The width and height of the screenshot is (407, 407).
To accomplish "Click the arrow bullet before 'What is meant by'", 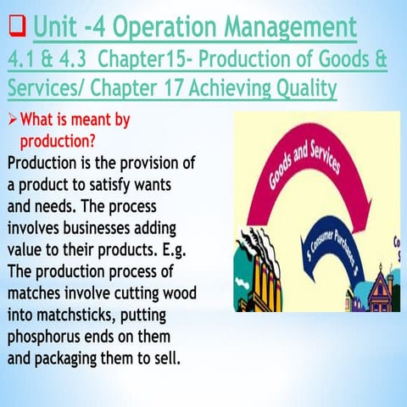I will tap(12, 120).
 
